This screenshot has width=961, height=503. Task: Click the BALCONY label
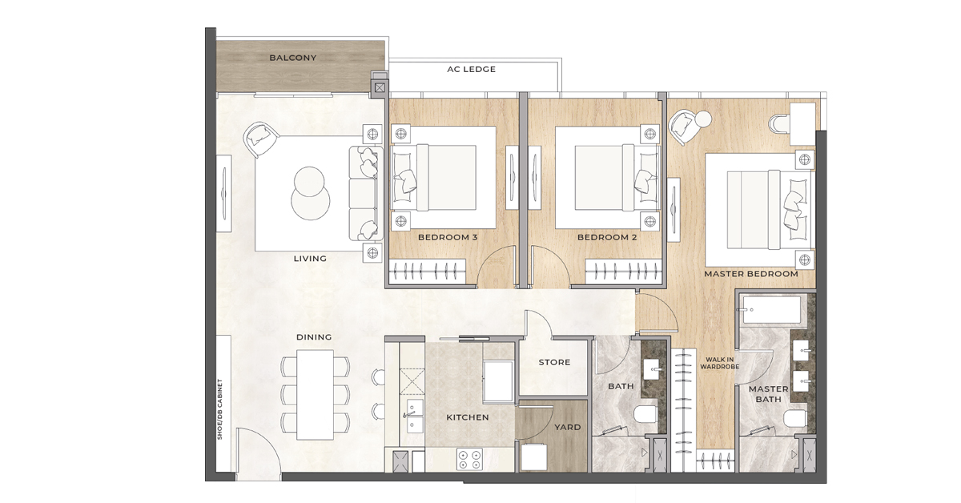(x=292, y=58)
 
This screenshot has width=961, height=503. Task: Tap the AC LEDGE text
(x=471, y=70)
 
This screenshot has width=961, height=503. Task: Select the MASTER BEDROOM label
(x=750, y=274)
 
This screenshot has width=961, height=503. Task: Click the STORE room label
(x=554, y=362)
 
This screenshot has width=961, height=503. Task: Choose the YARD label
(x=567, y=427)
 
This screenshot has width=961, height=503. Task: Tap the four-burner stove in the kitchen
(x=468, y=460)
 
